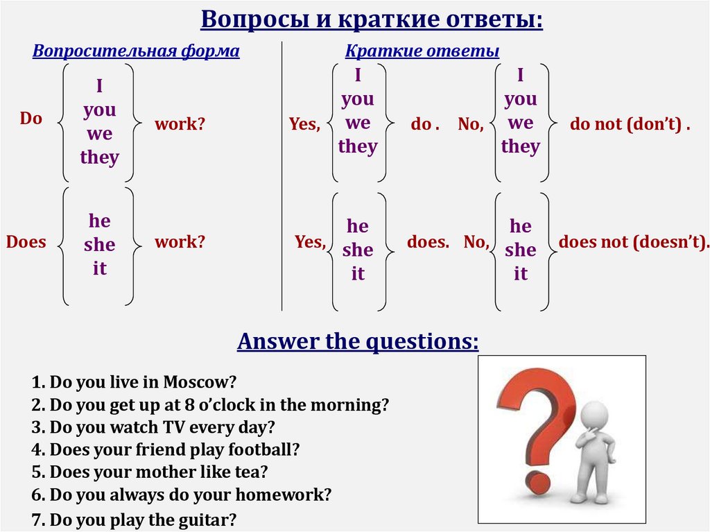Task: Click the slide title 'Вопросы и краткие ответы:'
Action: pos(372,19)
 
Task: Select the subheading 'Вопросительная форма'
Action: pos(136,51)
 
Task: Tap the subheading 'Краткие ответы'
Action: pos(422,51)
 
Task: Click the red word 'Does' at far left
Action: pos(26,243)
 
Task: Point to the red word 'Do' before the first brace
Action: pos(31,119)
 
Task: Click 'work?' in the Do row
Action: pos(180,125)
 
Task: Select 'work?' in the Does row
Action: pos(180,243)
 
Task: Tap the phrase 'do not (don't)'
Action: pos(628,125)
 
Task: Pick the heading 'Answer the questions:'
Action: pos(358,341)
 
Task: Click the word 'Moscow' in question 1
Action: pos(207,382)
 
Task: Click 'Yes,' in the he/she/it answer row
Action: pos(310,243)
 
